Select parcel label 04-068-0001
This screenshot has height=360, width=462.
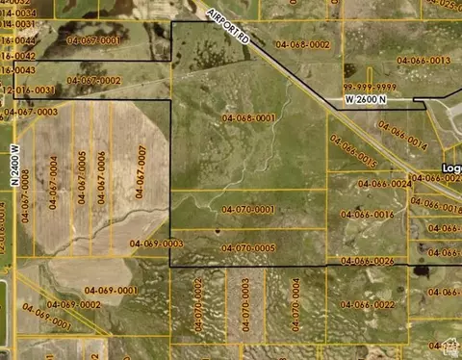click(x=249, y=117)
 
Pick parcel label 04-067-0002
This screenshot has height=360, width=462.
click(x=94, y=80)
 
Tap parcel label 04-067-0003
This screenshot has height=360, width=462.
click(x=31, y=113)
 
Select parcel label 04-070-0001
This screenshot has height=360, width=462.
click(x=248, y=209)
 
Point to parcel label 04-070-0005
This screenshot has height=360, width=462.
click(x=248, y=247)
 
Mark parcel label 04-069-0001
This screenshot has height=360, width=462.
click(x=111, y=290)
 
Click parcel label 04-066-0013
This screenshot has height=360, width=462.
click(x=423, y=60)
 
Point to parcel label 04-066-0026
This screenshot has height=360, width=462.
click(x=369, y=261)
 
